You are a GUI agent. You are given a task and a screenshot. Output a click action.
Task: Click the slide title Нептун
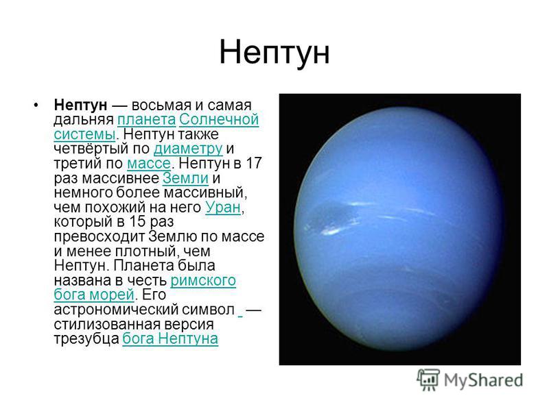click(274, 53)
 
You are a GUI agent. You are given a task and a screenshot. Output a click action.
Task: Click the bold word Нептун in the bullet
click(80, 105)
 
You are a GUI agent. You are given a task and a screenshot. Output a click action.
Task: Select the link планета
click(146, 119)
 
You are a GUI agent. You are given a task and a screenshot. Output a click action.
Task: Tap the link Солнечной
click(219, 119)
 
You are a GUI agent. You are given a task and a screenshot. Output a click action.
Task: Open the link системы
click(84, 134)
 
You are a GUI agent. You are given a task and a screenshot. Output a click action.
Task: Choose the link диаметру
click(188, 149)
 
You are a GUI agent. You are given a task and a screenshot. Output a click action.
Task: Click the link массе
click(149, 164)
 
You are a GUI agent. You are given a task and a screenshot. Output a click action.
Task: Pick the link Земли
click(185, 178)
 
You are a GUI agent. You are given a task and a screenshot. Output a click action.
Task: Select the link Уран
click(223, 208)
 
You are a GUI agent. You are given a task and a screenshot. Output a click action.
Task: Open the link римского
click(203, 280)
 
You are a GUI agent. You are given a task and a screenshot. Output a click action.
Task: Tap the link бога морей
click(94, 295)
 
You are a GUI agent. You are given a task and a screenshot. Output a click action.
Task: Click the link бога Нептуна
click(170, 338)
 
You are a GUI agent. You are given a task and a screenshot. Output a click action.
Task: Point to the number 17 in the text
click(254, 163)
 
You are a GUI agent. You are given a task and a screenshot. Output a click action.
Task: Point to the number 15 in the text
click(137, 221)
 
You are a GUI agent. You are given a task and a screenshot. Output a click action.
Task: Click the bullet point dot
click(36, 105)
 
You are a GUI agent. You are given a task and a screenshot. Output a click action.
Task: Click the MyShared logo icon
click(428, 380)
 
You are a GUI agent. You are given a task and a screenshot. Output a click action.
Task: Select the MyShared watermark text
click(484, 381)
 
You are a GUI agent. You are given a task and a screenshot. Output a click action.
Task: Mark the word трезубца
click(86, 338)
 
